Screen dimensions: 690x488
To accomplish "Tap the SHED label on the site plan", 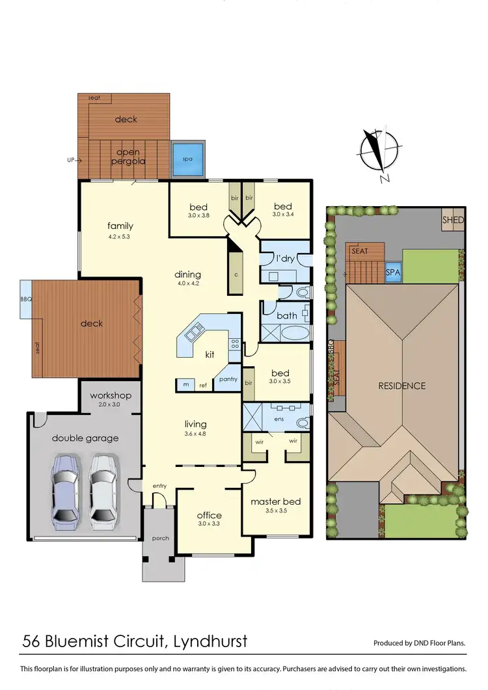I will point(453,220).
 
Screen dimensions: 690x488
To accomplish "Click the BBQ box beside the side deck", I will point(25,299).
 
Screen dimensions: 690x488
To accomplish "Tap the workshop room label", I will point(111,395).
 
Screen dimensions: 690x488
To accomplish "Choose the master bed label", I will point(275,501).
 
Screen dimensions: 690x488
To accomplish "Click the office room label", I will point(210,515).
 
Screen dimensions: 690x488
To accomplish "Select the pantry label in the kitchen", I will point(228,379).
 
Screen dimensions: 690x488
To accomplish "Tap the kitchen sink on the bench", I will point(194,335).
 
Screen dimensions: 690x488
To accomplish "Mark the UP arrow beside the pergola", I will point(74,159).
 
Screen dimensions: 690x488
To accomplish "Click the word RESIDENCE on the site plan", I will point(401,386).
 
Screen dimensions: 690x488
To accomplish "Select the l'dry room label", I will point(285,258).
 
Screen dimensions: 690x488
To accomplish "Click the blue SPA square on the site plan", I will point(393,272).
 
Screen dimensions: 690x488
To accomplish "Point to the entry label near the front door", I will point(159,486).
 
